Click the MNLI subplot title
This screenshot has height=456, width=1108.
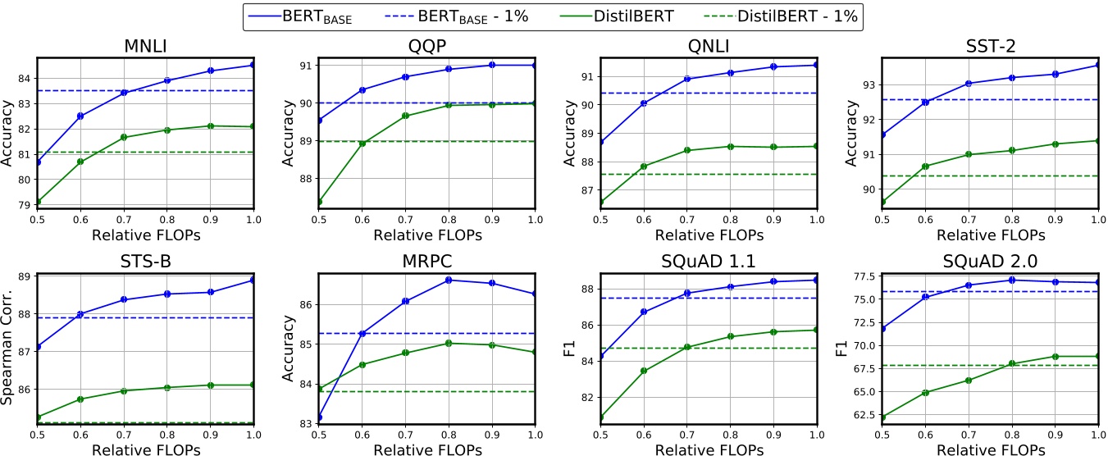click(145, 46)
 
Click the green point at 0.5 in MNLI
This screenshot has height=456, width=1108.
click(38, 202)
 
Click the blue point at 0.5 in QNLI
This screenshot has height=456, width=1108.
click(601, 141)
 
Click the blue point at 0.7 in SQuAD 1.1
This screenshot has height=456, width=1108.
click(687, 293)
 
